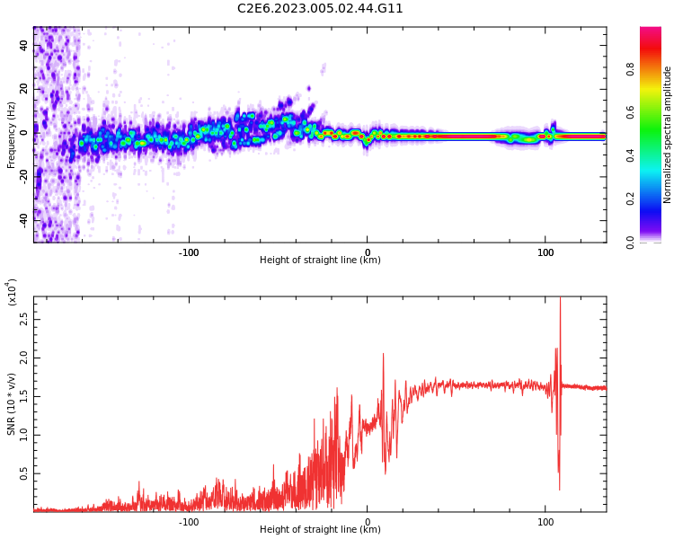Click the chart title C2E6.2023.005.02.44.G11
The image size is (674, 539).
[x=320, y=8]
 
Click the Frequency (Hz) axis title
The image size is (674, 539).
[x=11, y=135]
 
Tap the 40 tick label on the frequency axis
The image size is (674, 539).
[x=24, y=46]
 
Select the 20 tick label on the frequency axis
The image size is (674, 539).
[x=24, y=89]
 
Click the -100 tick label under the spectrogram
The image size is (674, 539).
[x=188, y=252]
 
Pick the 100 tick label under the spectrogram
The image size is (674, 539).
[x=545, y=252]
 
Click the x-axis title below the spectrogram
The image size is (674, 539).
[x=320, y=261]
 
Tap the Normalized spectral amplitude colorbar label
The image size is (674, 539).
[x=668, y=135]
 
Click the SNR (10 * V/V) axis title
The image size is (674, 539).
[x=12, y=404]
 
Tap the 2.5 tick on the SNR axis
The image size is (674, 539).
[x=24, y=318]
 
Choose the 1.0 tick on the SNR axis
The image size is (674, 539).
[x=24, y=434]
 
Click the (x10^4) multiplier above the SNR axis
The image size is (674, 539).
[x=12, y=293]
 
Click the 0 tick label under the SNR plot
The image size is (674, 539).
[x=367, y=522]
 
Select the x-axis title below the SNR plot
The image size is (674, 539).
[x=320, y=530]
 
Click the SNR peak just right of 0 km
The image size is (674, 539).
[x=383, y=354]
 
